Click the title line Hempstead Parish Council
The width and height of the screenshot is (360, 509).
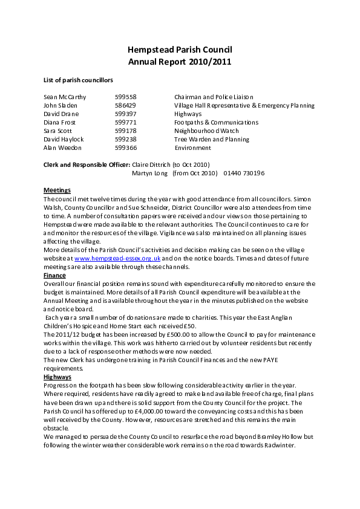point(180,50)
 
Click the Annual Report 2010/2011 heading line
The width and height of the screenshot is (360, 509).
point(180,62)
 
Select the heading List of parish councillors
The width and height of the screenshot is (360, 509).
point(78,80)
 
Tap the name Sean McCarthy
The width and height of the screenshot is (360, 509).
point(65,97)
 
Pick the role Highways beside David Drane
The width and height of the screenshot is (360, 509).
point(188,114)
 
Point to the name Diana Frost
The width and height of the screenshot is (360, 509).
point(60,122)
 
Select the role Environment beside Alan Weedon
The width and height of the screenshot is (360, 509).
point(192,148)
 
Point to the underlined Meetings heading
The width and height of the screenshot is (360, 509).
point(57,190)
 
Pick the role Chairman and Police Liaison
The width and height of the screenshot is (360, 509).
point(214,97)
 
